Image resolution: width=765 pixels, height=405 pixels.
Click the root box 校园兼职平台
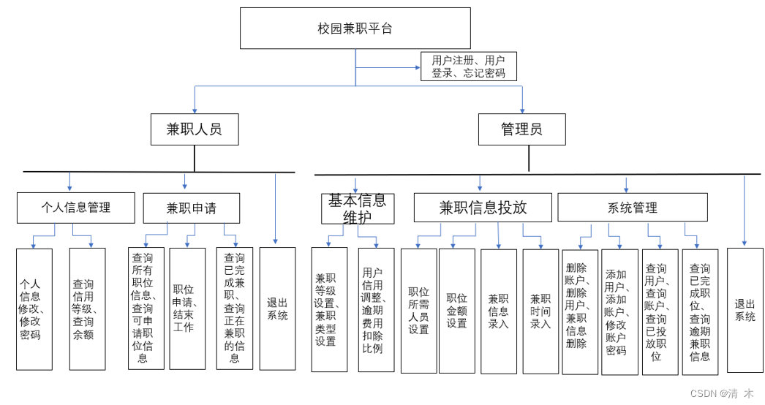click(x=355, y=29)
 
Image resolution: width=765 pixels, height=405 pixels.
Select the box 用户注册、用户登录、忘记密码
click(x=468, y=67)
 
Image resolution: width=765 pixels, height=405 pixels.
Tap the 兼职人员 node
click(x=194, y=129)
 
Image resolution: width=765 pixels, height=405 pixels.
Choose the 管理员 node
click(x=521, y=129)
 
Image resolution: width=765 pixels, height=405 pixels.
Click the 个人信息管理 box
click(x=76, y=208)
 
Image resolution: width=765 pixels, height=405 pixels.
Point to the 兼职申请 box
click(x=191, y=208)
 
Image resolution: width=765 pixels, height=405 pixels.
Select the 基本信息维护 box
click(x=357, y=208)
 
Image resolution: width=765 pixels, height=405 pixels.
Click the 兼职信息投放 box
click(x=482, y=208)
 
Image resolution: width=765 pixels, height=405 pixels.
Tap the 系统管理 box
click(x=632, y=208)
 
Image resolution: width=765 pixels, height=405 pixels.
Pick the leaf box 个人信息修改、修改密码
click(x=34, y=309)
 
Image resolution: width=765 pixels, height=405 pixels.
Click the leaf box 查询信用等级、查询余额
click(x=87, y=309)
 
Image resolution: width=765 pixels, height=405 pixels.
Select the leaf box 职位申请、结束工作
click(x=187, y=308)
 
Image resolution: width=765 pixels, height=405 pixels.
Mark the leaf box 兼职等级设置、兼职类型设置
click(x=329, y=309)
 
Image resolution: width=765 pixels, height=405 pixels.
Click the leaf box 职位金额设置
click(x=456, y=311)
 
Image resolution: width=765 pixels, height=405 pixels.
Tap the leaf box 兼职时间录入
click(x=540, y=311)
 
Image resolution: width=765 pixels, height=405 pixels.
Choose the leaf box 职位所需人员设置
click(x=418, y=311)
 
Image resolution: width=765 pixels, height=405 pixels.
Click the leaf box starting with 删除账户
click(x=580, y=311)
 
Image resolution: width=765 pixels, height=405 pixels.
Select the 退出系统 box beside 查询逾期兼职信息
click(x=745, y=310)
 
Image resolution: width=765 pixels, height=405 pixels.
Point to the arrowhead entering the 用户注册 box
click(x=417, y=67)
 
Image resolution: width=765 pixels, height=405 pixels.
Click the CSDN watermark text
click(x=721, y=393)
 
